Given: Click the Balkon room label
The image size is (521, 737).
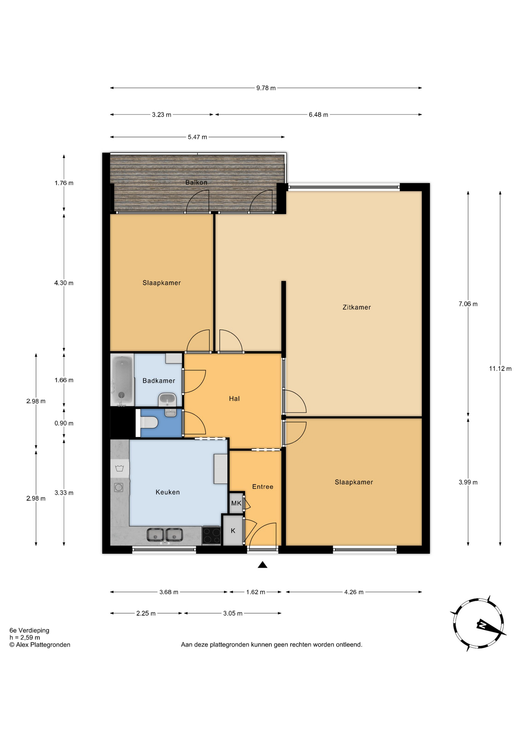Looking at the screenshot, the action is click(x=196, y=182).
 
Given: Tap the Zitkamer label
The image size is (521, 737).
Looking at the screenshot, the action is click(x=356, y=307).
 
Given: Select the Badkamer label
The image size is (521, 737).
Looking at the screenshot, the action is click(x=158, y=380).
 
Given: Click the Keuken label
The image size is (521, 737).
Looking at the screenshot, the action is click(x=167, y=492).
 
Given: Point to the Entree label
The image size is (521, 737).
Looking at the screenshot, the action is click(x=262, y=487).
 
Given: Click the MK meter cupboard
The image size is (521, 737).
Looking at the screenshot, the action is click(x=236, y=503).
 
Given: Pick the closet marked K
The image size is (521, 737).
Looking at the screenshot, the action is click(x=233, y=530).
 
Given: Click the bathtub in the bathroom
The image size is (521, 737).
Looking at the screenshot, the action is click(x=122, y=380).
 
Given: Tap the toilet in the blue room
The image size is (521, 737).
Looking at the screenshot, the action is click(x=149, y=423).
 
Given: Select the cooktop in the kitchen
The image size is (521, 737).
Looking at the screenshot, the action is click(x=211, y=535).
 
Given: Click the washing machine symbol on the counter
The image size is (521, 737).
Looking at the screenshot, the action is click(x=119, y=468).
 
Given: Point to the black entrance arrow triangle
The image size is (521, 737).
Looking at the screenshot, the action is click(x=262, y=564).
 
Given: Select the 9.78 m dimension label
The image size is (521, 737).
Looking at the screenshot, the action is click(x=266, y=88).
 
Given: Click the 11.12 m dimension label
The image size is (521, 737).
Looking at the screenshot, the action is click(x=500, y=368).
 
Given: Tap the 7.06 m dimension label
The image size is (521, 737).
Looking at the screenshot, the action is click(x=468, y=304).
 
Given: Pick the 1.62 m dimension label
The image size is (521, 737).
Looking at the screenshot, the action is click(x=256, y=592).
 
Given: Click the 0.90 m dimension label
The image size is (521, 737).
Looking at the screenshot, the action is click(x=64, y=423).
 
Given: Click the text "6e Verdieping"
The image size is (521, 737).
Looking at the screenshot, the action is click(x=30, y=630).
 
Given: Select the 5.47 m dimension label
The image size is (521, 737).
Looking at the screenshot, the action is click(x=197, y=137).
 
